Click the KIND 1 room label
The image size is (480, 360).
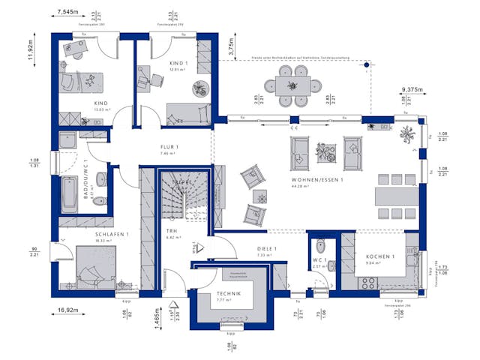coord(178,62)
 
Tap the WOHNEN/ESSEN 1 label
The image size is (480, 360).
coord(319,181)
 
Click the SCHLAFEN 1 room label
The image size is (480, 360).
coord(112,235)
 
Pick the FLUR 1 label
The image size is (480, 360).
coord(169,146)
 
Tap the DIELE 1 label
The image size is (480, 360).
coord(267,248)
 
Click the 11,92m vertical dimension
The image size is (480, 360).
coord(31,52)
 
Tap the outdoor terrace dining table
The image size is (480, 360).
coord(290,85)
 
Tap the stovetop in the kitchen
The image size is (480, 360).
coord(369,281)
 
